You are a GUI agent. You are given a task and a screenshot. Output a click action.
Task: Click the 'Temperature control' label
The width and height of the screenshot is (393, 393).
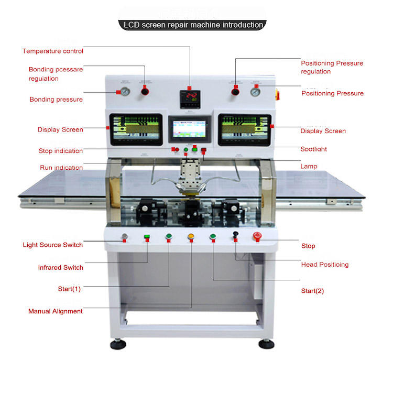(x=52, y=51)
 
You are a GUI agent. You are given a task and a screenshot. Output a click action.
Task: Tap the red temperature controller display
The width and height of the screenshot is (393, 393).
(x=190, y=96)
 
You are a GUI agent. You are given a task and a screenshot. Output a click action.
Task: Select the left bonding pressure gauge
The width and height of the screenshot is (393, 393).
(x=126, y=92)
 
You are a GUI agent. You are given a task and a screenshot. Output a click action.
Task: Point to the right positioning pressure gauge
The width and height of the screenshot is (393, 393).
(x=255, y=92)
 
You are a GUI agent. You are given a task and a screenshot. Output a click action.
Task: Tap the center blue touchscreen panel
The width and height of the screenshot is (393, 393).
(x=189, y=130)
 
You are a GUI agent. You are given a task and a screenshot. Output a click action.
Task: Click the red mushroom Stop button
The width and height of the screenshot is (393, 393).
(x=257, y=236)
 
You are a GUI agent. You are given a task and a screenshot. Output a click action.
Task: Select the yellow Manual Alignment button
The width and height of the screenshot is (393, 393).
(x=191, y=237)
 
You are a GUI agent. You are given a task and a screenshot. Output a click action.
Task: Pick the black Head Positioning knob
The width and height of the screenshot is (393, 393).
(x=235, y=235)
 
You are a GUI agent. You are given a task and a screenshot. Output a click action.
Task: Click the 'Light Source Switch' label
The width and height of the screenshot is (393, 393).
(x=52, y=245)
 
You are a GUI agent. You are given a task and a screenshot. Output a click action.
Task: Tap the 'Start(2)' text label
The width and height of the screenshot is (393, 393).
(x=312, y=291)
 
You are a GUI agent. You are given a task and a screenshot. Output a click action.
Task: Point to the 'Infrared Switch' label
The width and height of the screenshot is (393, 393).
(x=60, y=268)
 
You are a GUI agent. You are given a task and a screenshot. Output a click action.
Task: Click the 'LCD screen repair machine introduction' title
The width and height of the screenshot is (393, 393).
(x=193, y=25)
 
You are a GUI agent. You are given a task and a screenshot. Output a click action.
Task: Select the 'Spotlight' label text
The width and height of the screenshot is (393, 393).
(x=313, y=149)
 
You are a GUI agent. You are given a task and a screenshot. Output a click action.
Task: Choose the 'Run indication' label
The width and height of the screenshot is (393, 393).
(x=61, y=168)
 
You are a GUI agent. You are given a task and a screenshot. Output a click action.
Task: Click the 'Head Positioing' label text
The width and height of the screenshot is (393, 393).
(x=324, y=265)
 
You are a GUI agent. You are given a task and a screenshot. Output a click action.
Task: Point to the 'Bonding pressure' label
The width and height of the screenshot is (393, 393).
(x=56, y=100)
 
